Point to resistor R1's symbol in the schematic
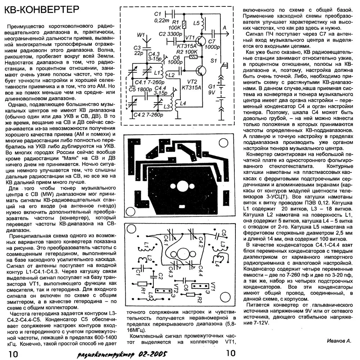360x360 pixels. tap(184, 25)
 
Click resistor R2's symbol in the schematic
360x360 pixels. tap(193, 57)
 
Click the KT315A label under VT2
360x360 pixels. tap(190, 87)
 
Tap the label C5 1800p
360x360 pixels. tap(139, 89)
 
